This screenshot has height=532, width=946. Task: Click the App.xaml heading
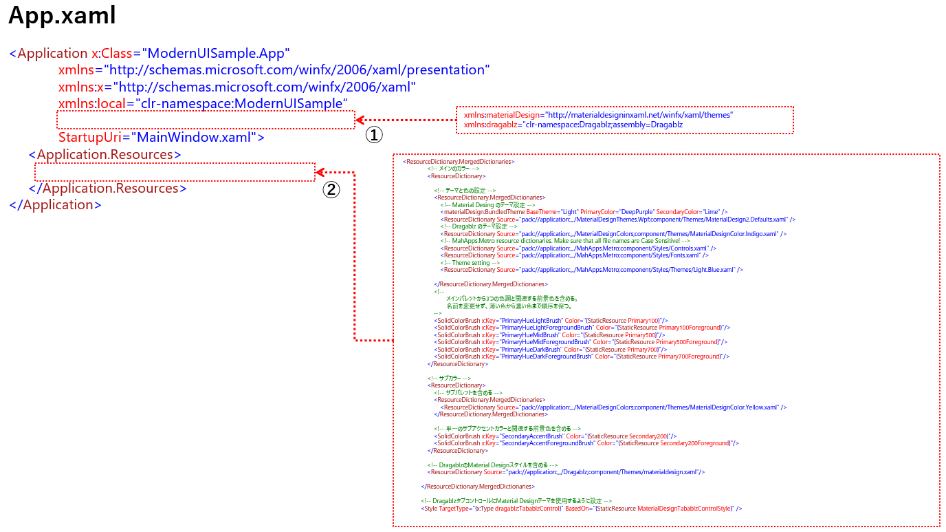pyautogui.click(x=62, y=16)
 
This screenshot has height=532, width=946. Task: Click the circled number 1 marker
pyautogui.click(x=373, y=135)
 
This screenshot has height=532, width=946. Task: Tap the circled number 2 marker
pyautogui.click(x=331, y=189)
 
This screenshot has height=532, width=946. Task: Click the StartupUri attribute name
pyautogui.click(x=89, y=137)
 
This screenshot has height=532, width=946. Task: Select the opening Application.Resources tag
pyautogui.click(x=105, y=154)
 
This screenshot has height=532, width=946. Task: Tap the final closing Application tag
pyautogui.click(x=56, y=204)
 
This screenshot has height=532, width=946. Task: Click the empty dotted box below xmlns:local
pyautogui.click(x=206, y=120)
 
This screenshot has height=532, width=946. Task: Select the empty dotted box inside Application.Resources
pyautogui.click(x=175, y=171)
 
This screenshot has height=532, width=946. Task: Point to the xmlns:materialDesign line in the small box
pyautogui.click(x=598, y=115)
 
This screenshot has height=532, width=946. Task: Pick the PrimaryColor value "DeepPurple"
pyautogui.click(x=636, y=212)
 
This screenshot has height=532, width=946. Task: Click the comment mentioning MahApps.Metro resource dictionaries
pyautogui.click(x=565, y=241)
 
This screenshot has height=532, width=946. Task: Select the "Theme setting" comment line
pyautogui.click(x=470, y=262)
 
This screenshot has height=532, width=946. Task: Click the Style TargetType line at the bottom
pyautogui.click(x=581, y=509)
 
